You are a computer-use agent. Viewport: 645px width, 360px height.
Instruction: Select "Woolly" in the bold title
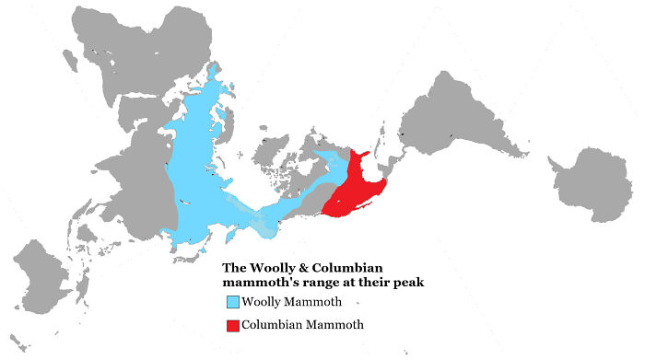coord(277,269)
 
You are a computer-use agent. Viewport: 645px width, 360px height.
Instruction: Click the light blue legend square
coord(232,302)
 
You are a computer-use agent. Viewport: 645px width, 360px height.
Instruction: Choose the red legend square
coord(232,324)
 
